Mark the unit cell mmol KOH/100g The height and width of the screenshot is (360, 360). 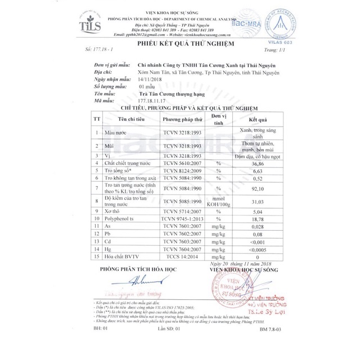(x=217, y=201)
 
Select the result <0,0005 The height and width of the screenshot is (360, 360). (x=257, y=246)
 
